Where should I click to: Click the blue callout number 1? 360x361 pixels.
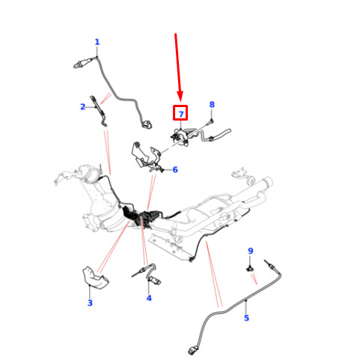click(97, 42)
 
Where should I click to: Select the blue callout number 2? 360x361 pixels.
click(83, 107)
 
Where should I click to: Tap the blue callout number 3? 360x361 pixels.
click(90, 303)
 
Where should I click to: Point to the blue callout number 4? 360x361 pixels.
click(149, 298)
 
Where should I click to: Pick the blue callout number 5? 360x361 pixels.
click(246, 318)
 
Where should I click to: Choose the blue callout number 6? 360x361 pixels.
click(175, 170)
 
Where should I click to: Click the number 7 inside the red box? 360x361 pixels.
click(181, 115)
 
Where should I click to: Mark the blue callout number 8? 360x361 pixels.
click(212, 104)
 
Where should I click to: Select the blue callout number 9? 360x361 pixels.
click(251, 251)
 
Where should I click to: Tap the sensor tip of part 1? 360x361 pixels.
click(76, 66)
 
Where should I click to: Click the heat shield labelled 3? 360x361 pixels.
click(95, 278)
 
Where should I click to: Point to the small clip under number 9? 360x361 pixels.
click(250, 269)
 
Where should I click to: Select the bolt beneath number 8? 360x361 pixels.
click(209, 123)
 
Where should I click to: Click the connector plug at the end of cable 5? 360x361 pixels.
click(192, 351)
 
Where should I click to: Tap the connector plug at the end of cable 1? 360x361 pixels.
click(147, 124)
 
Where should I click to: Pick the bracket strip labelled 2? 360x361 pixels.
click(99, 110)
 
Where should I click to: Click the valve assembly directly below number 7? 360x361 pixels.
click(181, 136)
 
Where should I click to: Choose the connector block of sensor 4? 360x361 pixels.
click(156, 281)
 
